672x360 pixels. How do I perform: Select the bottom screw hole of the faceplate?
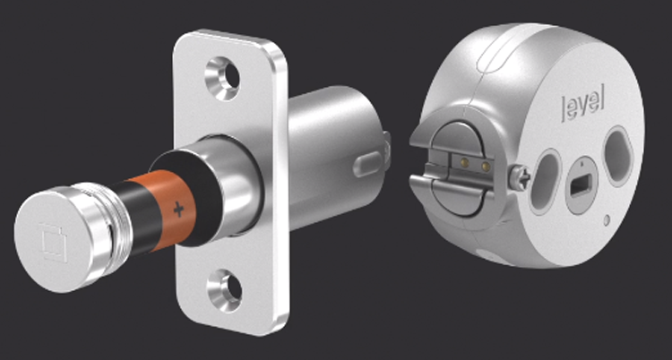click(220, 288)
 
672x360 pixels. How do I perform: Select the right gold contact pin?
click(485, 167)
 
